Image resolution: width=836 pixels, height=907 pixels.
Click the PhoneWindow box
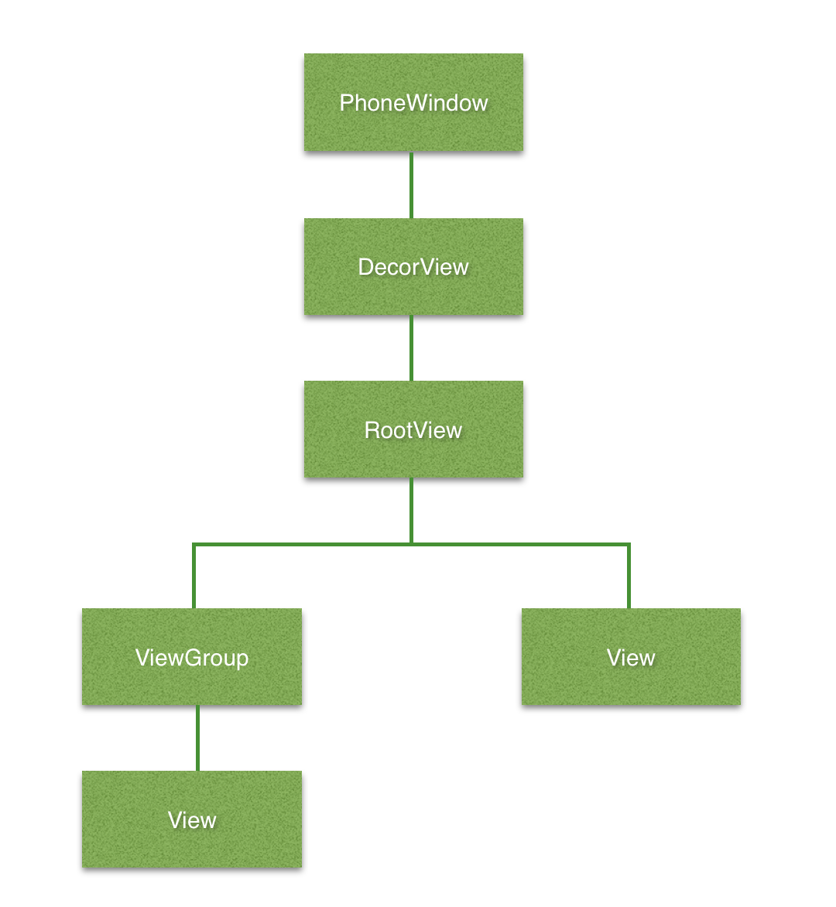click(413, 102)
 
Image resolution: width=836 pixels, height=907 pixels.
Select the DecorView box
click(413, 267)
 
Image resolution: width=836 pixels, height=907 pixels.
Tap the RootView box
click(413, 430)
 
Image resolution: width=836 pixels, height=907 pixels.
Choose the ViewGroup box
click(192, 656)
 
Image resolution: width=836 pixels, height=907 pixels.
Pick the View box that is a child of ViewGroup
click(192, 819)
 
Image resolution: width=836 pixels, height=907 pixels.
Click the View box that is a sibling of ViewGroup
click(631, 656)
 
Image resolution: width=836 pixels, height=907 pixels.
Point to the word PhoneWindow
click(413, 103)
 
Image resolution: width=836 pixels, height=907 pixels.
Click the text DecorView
click(413, 267)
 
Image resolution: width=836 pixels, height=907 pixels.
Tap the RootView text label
click(413, 430)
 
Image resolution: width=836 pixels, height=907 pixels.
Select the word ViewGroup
click(192, 659)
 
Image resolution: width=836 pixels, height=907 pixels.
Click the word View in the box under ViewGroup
click(192, 820)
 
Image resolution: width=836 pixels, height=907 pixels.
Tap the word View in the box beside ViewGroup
click(631, 658)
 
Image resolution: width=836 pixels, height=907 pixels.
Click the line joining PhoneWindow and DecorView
click(411, 185)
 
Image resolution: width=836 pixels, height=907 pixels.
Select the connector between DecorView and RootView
click(411, 348)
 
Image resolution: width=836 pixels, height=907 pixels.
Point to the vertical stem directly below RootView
click(411, 511)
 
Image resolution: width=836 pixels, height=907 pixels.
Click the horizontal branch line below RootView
click(411, 544)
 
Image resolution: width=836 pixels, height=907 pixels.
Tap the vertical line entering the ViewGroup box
click(194, 576)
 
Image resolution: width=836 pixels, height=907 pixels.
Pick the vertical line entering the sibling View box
click(629, 576)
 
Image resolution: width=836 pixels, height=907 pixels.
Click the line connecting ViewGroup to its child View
click(198, 738)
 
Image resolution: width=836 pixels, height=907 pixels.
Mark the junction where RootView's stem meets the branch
click(411, 544)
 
